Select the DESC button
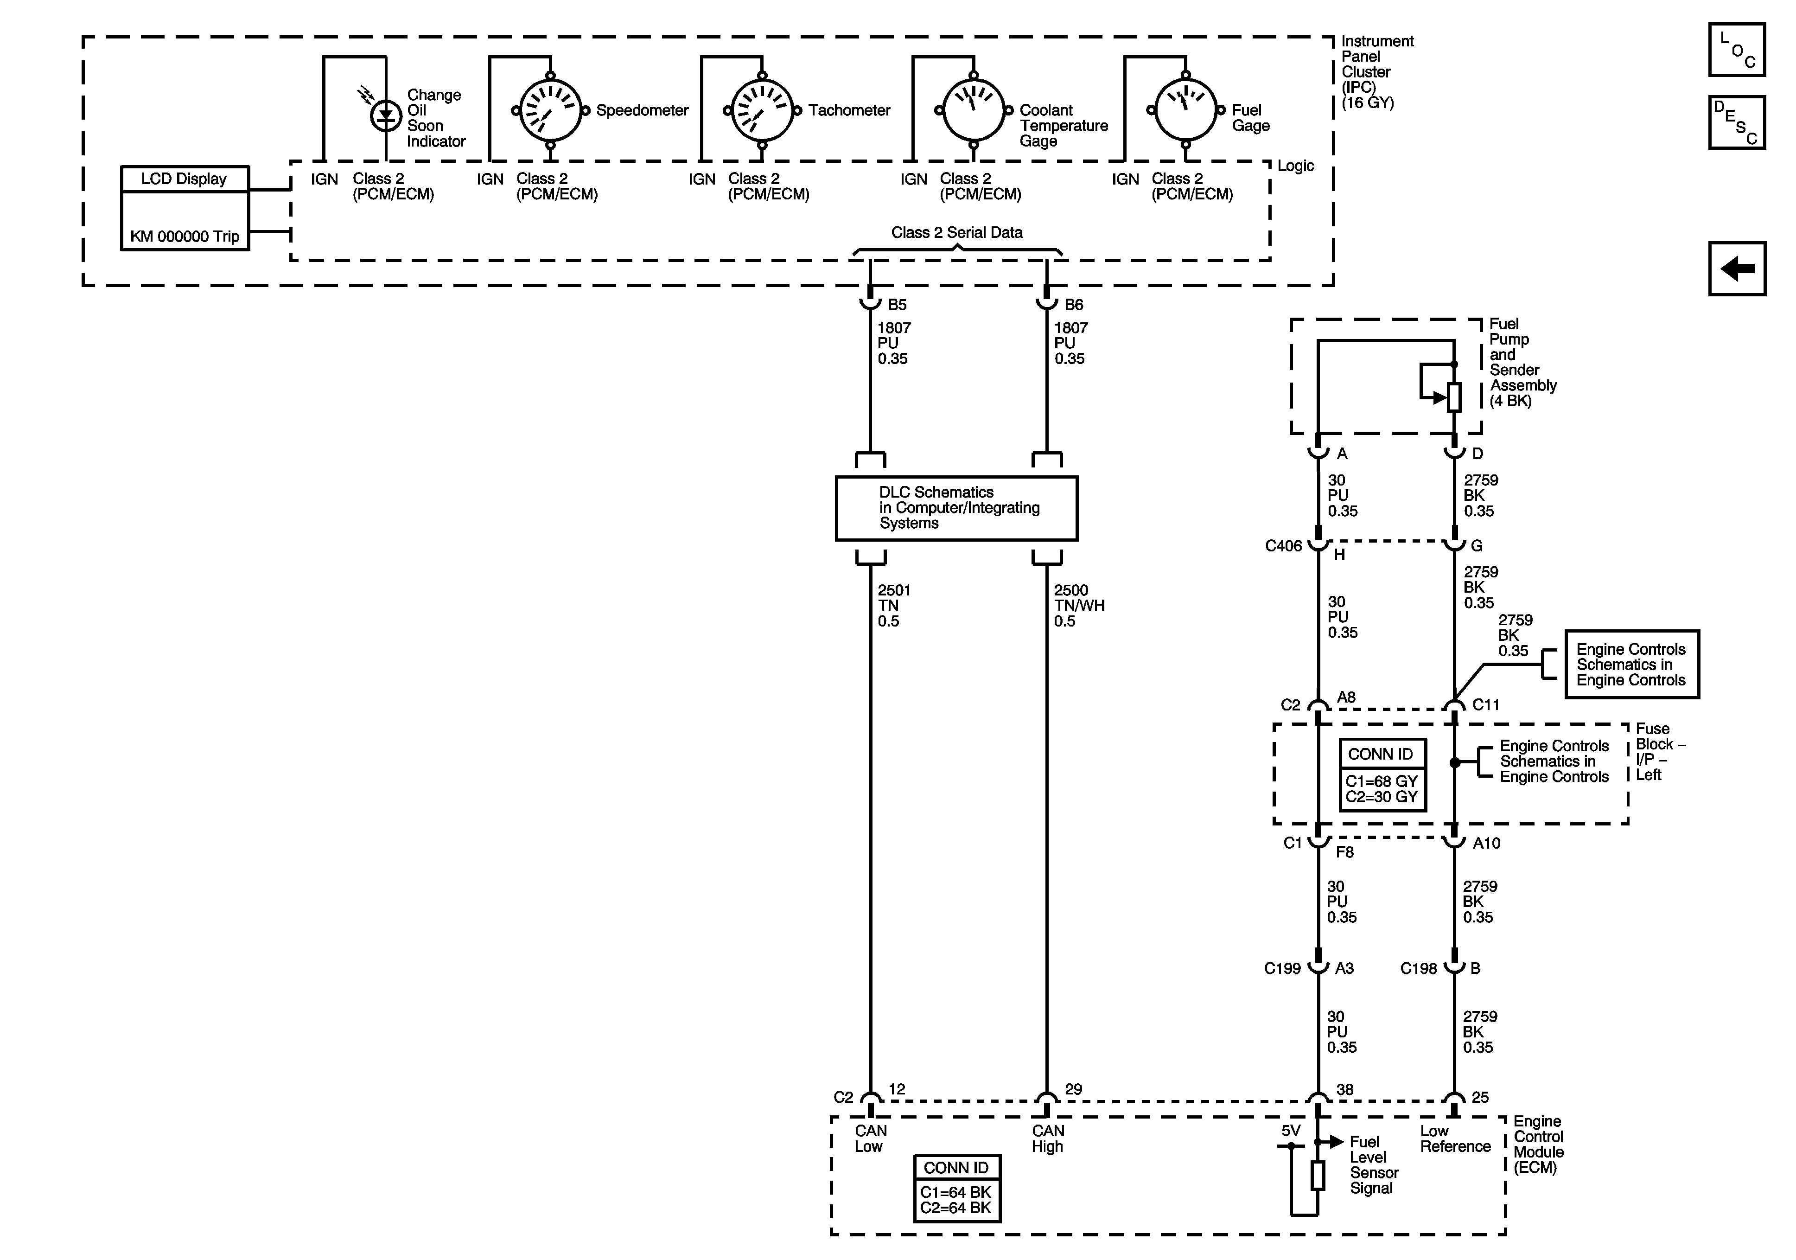click(1737, 122)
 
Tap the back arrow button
click(1737, 269)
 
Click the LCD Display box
click(185, 208)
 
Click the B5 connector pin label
click(897, 304)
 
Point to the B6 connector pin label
click(1074, 304)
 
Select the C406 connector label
click(1284, 545)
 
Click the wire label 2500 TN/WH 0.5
click(1079, 605)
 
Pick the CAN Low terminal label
click(870, 1138)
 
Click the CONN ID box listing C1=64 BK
click(957, 1188)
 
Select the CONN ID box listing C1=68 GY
click(1382, 775)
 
